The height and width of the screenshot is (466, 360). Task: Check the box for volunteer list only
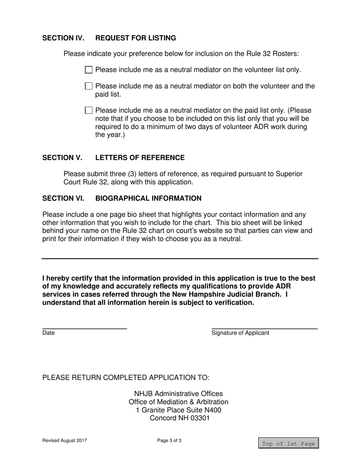[x=89, y=70]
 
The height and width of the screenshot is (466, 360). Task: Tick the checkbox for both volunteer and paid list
[x=89, y=86]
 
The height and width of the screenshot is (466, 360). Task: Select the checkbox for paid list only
[x=89, y=110]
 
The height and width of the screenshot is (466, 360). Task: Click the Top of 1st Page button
[x=288, y=443]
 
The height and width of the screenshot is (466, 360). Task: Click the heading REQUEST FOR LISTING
[x=135, y=38]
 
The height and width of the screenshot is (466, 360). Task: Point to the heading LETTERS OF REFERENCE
[x=140, y=158]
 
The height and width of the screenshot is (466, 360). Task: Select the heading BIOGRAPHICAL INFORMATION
[x=148, y=198]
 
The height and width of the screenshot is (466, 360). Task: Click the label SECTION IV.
[x=63, y=38]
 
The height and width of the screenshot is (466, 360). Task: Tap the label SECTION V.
[x=62, y=158]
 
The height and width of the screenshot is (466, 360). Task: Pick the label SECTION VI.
[x=63, y=198]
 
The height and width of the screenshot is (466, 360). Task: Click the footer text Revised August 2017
[x=65, y=440]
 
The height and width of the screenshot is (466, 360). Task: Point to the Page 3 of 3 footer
[x=169, y=440]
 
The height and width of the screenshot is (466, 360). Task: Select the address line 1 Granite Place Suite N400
[x=178, y=410]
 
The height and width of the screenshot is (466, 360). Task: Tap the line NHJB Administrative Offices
[x=178, y=394]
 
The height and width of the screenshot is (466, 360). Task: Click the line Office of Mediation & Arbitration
[x=178, y=402]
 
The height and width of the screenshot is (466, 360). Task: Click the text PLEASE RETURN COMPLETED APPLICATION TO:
[x=126, y=378]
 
